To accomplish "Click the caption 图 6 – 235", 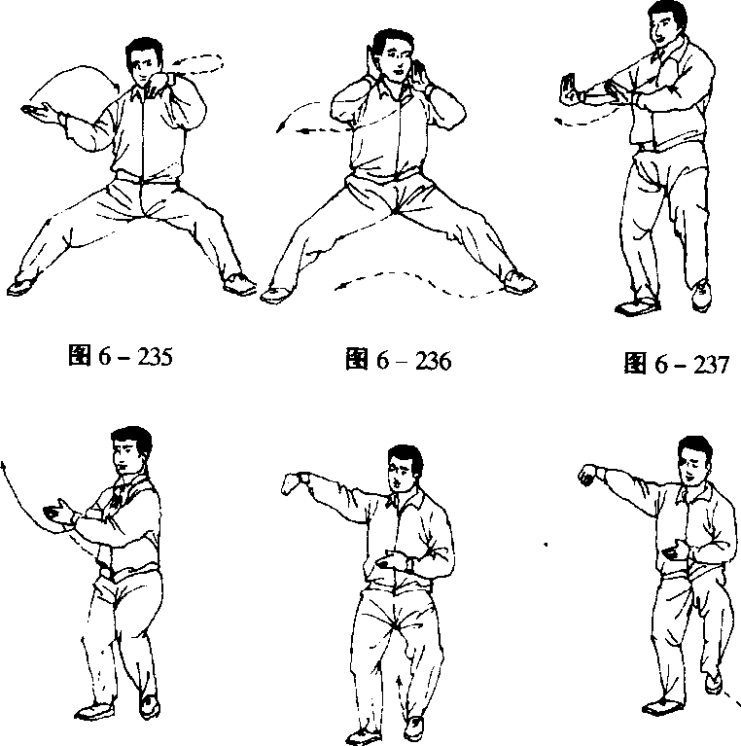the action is (121, 356).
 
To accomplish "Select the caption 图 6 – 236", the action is (398, 360).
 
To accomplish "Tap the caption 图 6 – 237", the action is (676, 364).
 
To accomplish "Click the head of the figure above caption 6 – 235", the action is (144, 61).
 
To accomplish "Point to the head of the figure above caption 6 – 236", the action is (393, 55).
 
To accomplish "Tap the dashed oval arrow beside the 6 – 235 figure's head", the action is (199, 64).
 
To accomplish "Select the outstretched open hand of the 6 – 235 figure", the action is (41, 112).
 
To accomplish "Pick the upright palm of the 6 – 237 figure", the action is (569, 89).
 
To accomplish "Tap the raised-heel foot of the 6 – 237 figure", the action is (701, 294).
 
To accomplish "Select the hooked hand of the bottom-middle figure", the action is (294, 482).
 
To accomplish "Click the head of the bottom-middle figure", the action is (405, 470).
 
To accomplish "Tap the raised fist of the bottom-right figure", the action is (588, 475).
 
